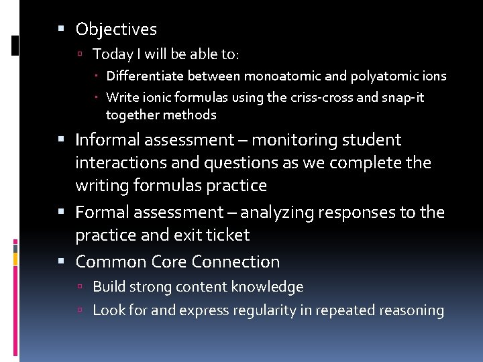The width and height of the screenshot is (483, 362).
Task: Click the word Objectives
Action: pos(116,29)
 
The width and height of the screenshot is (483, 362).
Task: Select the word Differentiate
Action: pos(145,76)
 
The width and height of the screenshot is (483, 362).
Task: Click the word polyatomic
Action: pos(382,76)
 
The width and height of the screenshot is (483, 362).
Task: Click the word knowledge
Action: pos(267,287)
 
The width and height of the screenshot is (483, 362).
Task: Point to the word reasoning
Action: pos(411,310)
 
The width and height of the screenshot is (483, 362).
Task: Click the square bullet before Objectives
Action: pos(61,29)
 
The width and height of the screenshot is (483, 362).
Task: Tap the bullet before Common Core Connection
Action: pos(61,261)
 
